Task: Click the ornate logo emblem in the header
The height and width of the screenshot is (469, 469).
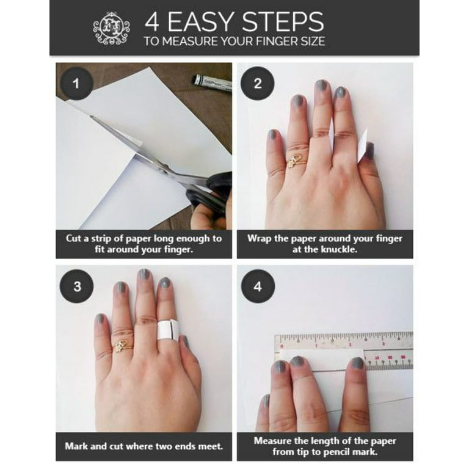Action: pos(111,29)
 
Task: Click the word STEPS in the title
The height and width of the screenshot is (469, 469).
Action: pos(283,22)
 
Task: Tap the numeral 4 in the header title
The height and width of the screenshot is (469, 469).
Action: pos(151,22)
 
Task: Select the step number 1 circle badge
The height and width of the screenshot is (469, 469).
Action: pos(76,84)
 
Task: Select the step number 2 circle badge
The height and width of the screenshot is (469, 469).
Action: pos(258,84)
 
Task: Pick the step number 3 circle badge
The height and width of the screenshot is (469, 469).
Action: pos(77,286)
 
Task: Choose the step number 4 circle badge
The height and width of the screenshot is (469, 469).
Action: pos(258,286)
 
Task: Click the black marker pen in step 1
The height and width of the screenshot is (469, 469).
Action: pos(211,82)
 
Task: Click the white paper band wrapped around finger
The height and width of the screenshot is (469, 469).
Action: pos(168,330)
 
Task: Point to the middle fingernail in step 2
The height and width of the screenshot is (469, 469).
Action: pos(321,86)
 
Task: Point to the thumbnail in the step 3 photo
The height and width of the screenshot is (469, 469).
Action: pos(185,341)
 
